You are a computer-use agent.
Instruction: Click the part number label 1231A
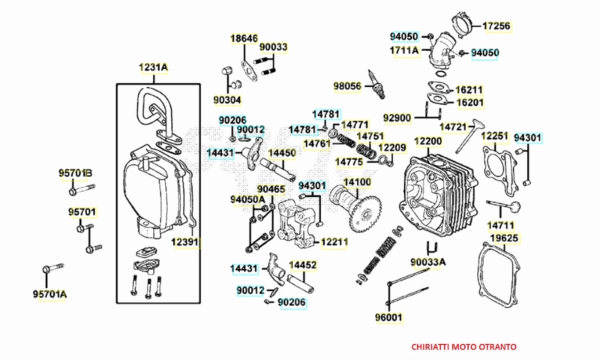(x=153, y=67)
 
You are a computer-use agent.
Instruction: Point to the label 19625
(x=504, y=238)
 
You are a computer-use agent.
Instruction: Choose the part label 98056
(x=348, y=87)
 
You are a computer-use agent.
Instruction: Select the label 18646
(x=244, y=37)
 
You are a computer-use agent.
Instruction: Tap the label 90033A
(x=428, y=262)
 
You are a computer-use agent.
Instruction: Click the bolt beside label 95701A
(x=53, y=268)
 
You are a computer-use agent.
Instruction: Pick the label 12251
(x=495, y=136)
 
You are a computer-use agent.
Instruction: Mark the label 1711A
(x=403, y=51)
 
